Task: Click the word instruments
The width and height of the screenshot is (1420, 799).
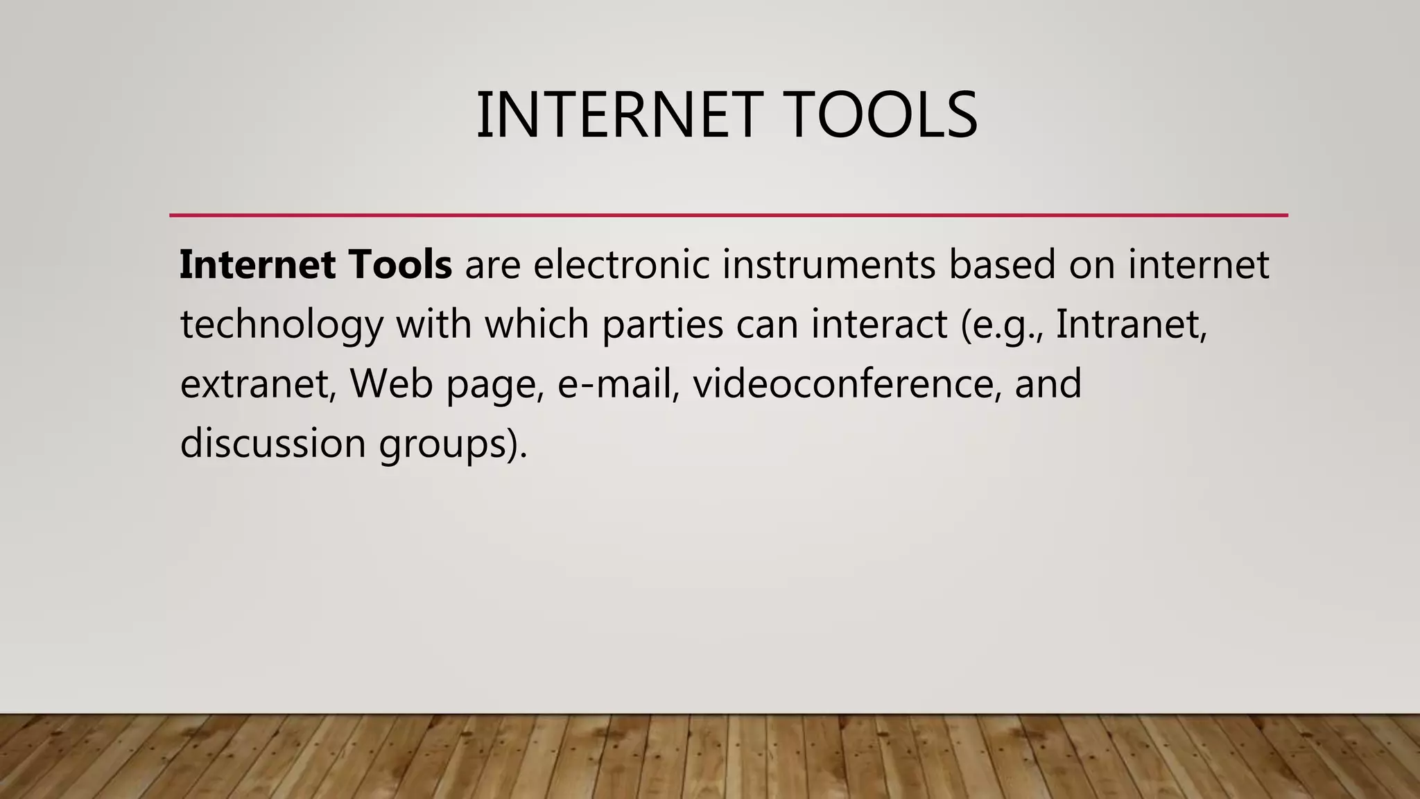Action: pyautogui.click(x=829, y=264)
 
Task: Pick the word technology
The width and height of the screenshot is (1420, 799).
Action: pyautogui.click(x=282, y=325)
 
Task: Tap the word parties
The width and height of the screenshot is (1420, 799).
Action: pyautogui.click(x=663, y=325)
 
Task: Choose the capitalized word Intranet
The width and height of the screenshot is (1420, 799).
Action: pyautogui.click(x=1131, y=324)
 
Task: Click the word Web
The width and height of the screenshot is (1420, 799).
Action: pyautogui.click(x=391, y=384)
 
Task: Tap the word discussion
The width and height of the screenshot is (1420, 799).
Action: pyautogui.click(x=272, y=443)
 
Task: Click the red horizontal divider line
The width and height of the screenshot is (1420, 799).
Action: pyautogui.click(x=728, y=215)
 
